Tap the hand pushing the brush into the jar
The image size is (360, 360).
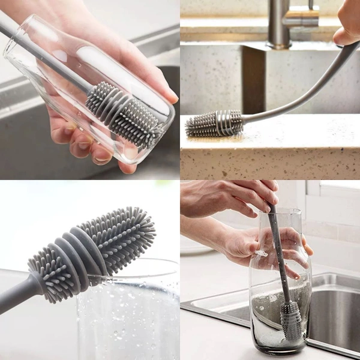(234, 198)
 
